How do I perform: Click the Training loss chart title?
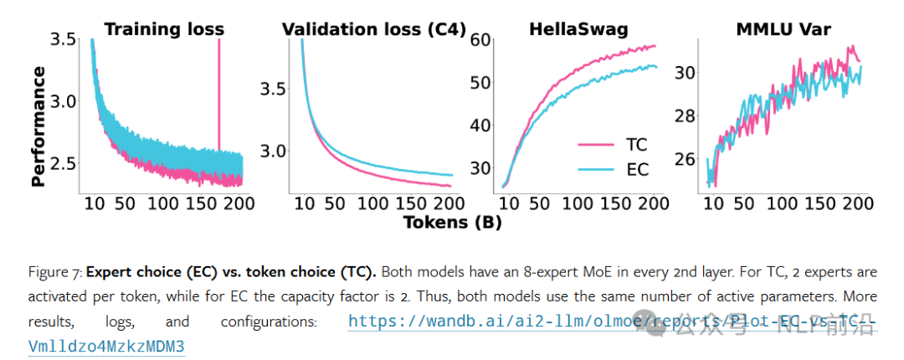(x=163, y=29)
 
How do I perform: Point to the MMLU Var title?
(x=783, y=29)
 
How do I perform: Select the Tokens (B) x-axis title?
(x=453, y=222)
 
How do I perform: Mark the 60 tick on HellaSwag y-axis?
(x=479, y=39)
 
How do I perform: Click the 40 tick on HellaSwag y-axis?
(x=479, y=126)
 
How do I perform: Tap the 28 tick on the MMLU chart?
(x=686, y=115)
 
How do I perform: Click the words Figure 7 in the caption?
(x=53, y=273)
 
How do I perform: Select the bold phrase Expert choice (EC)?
(x=136, y=273)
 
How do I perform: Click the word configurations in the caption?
(x=267, y=321)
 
